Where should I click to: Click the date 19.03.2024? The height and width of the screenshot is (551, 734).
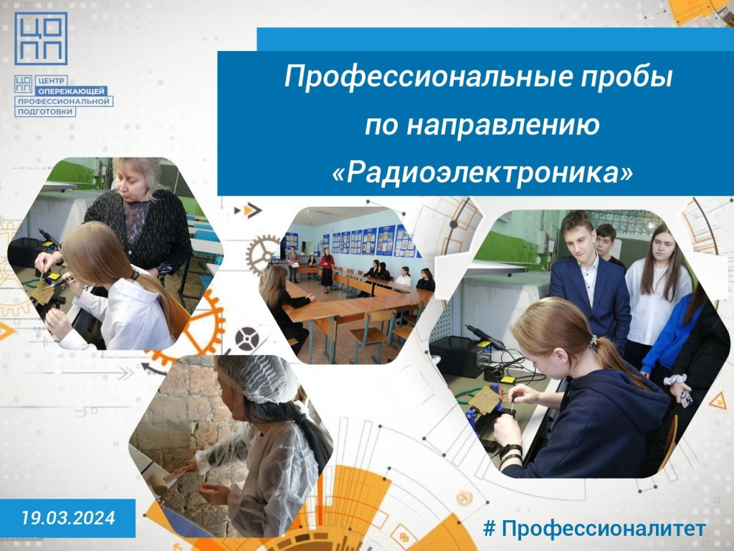(x=68, y=518)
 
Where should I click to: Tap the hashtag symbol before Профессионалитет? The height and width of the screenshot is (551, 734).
(x=489, y=529)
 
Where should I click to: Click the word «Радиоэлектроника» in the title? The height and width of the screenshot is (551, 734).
(x=482, y=174)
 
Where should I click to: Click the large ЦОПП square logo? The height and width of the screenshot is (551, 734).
(x=41, y=39)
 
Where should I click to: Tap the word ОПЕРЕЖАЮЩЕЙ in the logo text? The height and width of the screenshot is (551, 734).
(x=72, y=91)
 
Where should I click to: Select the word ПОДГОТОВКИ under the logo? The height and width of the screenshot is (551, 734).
(x=45, y=111)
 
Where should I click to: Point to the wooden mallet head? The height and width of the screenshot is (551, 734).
(x=159, y=483)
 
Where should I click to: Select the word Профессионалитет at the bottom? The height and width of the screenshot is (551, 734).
(x=604, y=529)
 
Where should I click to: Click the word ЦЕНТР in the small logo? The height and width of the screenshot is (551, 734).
(x=51, y=80)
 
